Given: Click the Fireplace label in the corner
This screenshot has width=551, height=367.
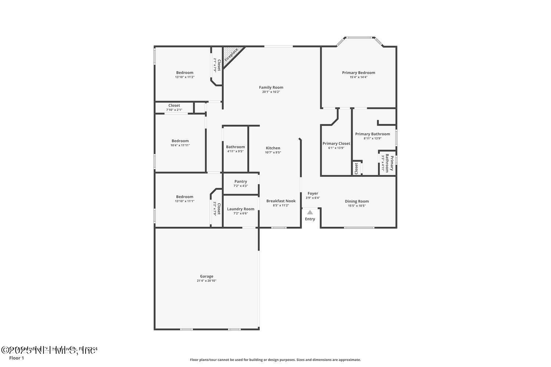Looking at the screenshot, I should [231, 54].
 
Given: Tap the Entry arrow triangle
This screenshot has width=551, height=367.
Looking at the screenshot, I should [310, 212].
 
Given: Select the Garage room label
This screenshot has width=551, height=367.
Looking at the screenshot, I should [206, 276].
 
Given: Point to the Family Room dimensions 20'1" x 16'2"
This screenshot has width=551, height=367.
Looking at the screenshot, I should [271, 92].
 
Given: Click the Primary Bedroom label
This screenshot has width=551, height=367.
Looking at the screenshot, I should [359, 73].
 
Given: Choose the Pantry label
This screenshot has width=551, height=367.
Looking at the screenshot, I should [241, 181].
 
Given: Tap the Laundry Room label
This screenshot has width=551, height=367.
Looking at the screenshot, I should [241, 209].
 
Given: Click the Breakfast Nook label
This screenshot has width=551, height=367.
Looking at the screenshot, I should [281, 201].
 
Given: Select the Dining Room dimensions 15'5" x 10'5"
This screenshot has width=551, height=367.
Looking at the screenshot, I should [357, 206].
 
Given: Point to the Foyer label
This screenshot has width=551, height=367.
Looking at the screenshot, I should [313, 193].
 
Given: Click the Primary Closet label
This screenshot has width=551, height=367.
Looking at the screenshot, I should [336, 143].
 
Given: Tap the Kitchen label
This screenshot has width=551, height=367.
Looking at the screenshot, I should [273, 148].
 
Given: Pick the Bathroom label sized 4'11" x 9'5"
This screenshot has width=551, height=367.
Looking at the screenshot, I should [235, 147].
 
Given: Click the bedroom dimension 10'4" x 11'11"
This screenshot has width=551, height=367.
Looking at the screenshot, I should [180, 145].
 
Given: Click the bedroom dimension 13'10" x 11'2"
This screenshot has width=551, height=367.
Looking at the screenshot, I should [184, 77].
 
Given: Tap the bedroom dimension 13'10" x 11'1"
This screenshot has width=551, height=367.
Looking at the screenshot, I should [184, 201].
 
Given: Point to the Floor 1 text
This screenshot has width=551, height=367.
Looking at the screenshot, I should [17, 358].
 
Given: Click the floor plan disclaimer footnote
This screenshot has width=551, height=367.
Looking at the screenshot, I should [275, 360].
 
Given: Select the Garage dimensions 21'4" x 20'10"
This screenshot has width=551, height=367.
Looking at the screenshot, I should [206, 281].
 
